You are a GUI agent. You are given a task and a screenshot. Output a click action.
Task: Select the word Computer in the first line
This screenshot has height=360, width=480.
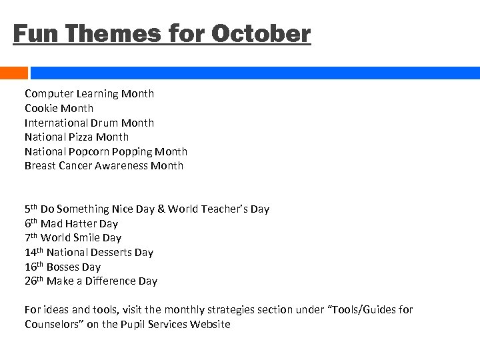click(x=49, y=94)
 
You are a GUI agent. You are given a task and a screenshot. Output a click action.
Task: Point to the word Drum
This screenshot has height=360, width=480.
click(x=106, y=123)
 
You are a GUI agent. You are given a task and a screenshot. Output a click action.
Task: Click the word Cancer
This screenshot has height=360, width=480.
click(x=79, y=166)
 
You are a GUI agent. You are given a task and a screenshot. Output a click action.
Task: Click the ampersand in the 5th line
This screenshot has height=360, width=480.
click(x=160, y=209)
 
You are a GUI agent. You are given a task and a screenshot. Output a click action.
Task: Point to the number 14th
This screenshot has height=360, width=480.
click(x=33, y=252)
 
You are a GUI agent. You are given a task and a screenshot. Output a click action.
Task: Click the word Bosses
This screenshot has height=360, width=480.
click(x=63, y=267)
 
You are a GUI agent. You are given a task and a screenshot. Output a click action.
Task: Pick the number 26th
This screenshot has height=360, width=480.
click(x=33, y=281)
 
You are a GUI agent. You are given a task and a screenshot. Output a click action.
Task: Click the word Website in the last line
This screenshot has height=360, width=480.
click(x=208, y=325)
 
